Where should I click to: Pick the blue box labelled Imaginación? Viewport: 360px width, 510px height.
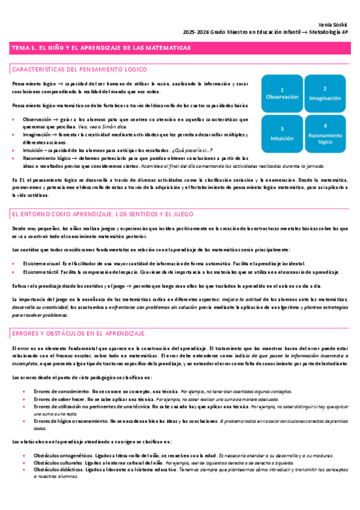[x=325, y=91]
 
